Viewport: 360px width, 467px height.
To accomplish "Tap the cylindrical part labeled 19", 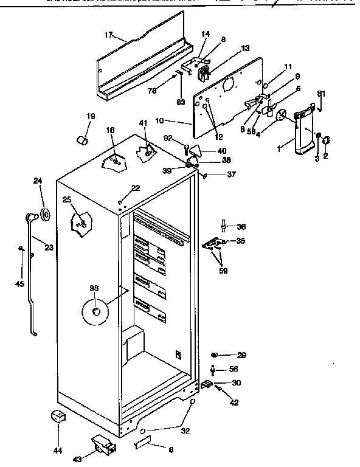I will (x=81, y=142).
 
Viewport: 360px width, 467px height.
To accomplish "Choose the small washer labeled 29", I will (x=215, y=355).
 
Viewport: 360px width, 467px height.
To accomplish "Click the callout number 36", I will (x=241, y=227).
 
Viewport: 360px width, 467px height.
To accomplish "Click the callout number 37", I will (x=231, y=176).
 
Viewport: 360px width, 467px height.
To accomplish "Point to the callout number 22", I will (x=136, y=188).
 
